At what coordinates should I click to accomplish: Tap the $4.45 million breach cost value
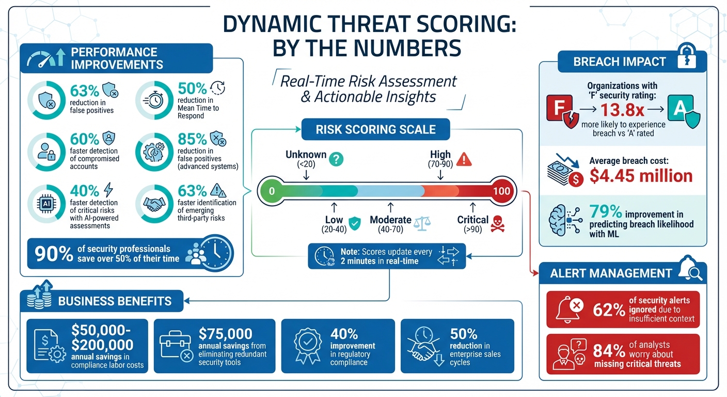pos(641,176)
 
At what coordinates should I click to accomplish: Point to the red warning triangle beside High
pos(464,159)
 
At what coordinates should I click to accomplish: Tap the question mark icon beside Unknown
pos(336,158)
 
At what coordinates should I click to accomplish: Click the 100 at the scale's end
pos(501,191)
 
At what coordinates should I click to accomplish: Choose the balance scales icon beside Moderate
pos(421,222)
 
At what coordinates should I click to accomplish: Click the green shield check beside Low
pos(354,223)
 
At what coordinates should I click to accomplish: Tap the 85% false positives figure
pos(192,140)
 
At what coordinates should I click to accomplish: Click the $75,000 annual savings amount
pos(226,334)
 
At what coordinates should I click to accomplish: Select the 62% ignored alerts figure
pos(609,310)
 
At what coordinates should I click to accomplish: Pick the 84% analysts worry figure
pos(609,352)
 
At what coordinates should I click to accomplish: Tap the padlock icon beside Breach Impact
pos(686,58)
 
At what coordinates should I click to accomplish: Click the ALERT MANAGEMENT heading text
pos(611,273)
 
